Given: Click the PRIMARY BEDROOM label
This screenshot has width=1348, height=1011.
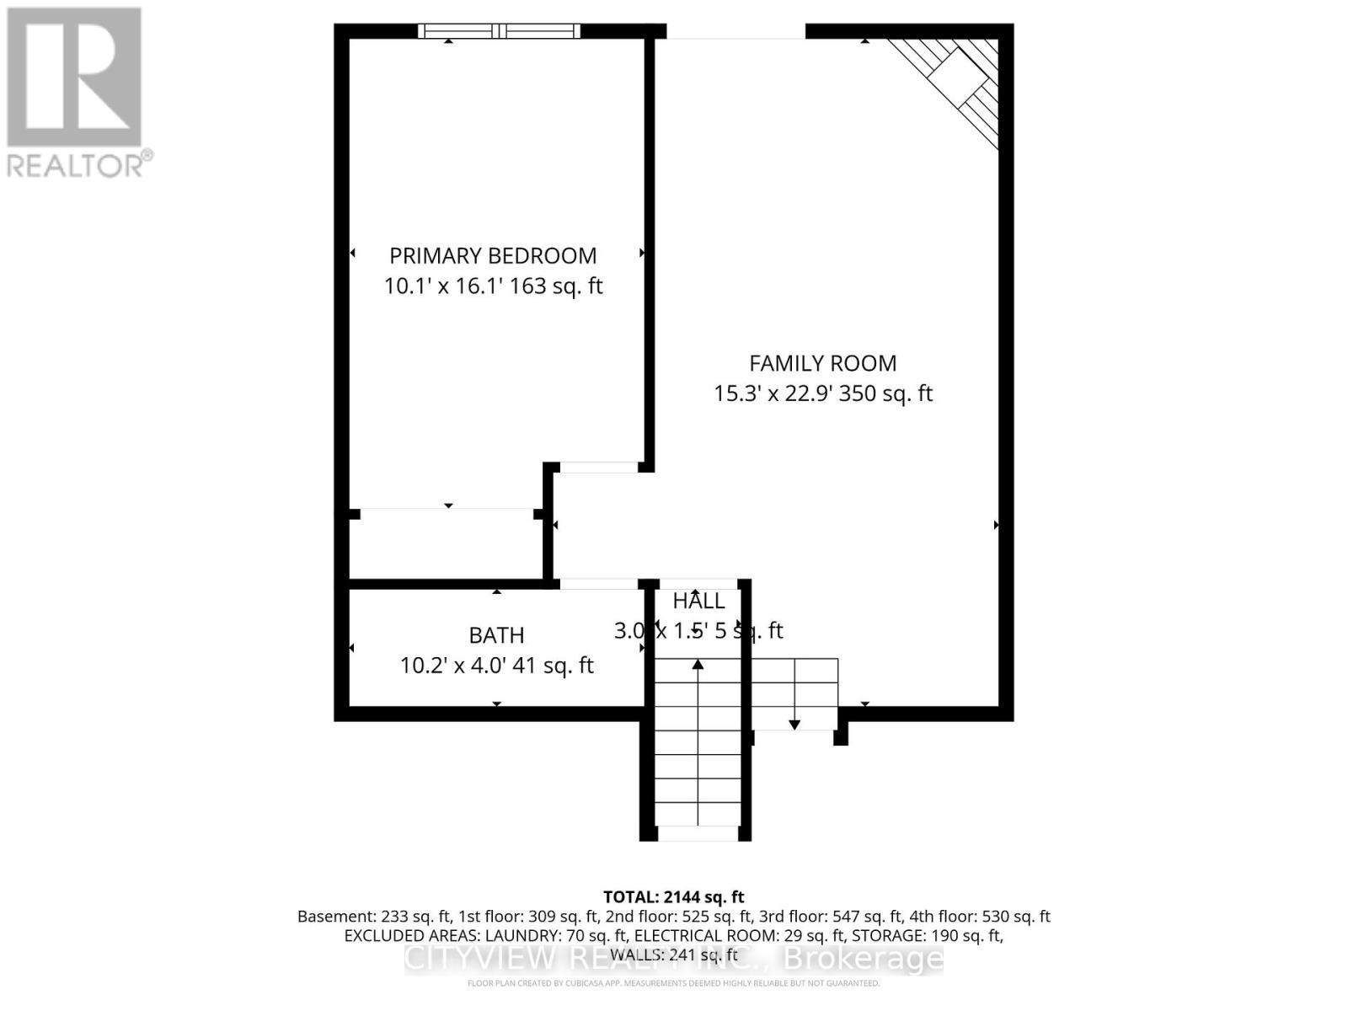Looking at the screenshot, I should [493, 256].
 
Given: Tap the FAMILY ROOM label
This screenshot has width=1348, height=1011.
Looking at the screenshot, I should [822, 364].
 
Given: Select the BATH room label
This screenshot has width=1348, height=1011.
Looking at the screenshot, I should [496, 635].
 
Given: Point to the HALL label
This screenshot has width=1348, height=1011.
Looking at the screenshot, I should [698, 602].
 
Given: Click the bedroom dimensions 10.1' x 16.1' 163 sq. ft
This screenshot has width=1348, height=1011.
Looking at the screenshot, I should [493, 286].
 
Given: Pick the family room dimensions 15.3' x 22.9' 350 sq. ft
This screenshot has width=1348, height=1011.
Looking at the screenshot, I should [822, 393].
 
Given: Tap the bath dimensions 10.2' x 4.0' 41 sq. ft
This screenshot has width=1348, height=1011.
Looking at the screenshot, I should [496, 666].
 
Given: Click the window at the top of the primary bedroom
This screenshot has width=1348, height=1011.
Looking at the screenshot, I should [500, 32].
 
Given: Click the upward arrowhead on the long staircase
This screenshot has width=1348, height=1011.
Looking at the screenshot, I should [698, 666].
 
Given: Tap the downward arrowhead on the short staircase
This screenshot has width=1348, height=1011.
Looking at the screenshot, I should [794, 724].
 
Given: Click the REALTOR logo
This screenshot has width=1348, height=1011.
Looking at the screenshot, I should [76, 93].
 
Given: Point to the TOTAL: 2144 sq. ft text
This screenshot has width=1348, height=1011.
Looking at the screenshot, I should [673, 897].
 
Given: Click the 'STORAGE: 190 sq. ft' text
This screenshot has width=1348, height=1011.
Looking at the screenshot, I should [927, 936].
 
